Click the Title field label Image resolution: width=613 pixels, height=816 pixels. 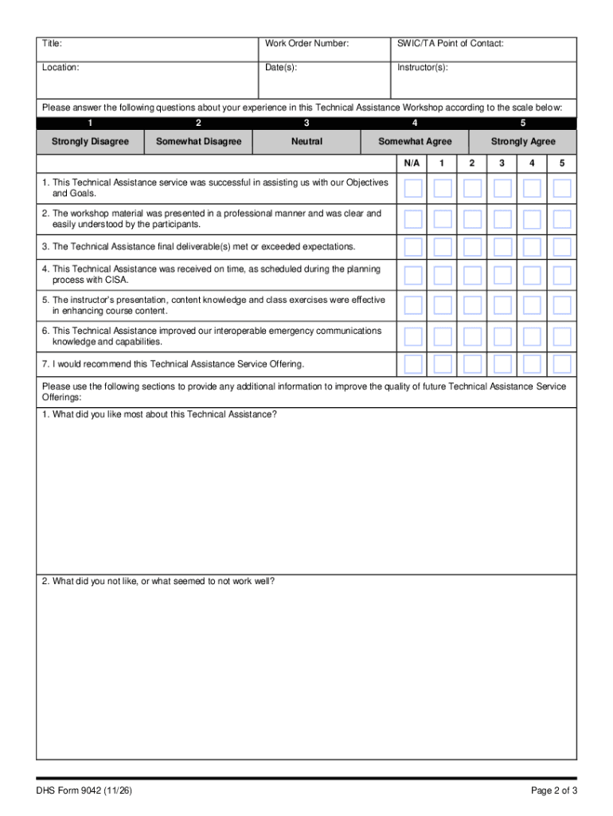52,44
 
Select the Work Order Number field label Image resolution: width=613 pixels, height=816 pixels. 306,44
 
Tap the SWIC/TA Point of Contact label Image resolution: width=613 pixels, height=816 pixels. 450,44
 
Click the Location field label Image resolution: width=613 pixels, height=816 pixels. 61,68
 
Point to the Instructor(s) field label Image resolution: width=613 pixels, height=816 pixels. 422,68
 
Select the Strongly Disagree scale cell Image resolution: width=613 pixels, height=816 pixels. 90,142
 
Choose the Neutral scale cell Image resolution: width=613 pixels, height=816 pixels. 306,142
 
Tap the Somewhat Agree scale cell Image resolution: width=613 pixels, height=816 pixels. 415,142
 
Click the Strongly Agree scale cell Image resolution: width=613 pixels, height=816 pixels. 523,142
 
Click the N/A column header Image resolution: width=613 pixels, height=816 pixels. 412,163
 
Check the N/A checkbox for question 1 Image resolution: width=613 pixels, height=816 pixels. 413,188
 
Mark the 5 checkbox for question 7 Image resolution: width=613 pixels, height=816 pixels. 562,364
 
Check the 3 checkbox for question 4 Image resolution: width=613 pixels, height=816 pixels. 502,276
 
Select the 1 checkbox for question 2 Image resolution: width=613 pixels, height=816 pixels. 443,218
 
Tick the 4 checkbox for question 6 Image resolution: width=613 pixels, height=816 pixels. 532,335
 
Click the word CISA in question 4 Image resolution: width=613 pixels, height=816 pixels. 116,280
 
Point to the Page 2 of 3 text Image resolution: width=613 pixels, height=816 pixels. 553,790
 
